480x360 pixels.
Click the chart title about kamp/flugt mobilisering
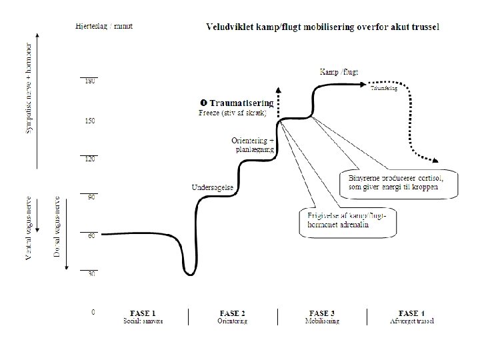coord(326,27)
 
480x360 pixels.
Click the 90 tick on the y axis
coord(89,197)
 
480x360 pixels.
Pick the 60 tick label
coord(89,235)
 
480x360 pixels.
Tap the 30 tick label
coord(89,274)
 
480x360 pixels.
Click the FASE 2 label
coord(232,313)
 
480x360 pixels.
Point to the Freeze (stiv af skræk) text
coord(233,113)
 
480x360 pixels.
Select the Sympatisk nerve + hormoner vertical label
coord(29,90)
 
